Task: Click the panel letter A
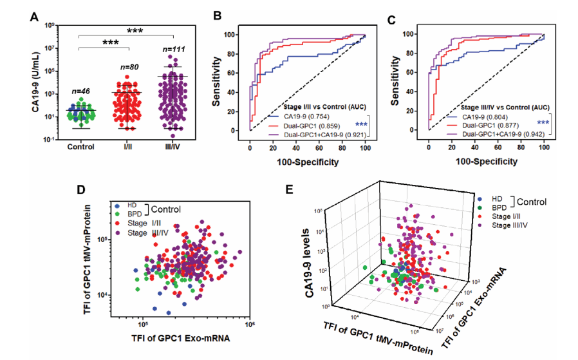tap(35, 17)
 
